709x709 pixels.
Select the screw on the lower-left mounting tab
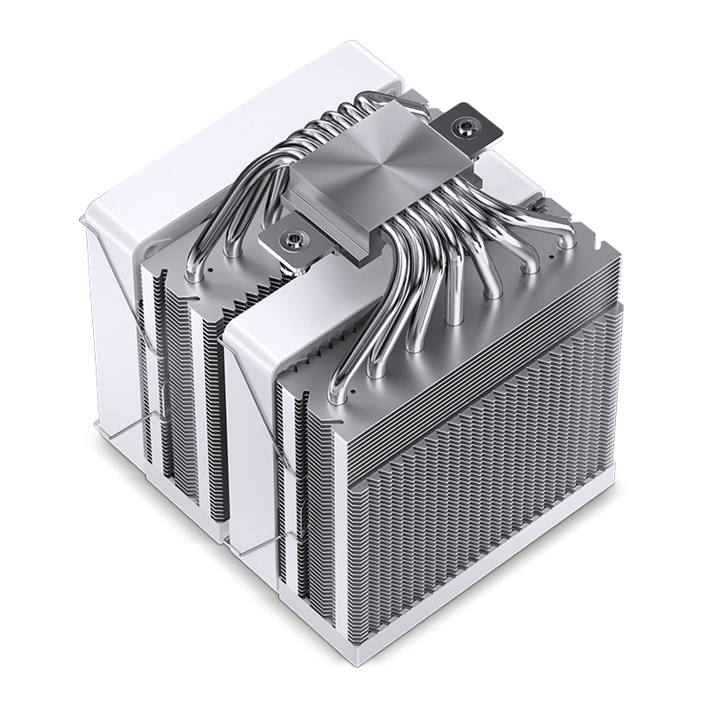[x=290, y=239]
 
